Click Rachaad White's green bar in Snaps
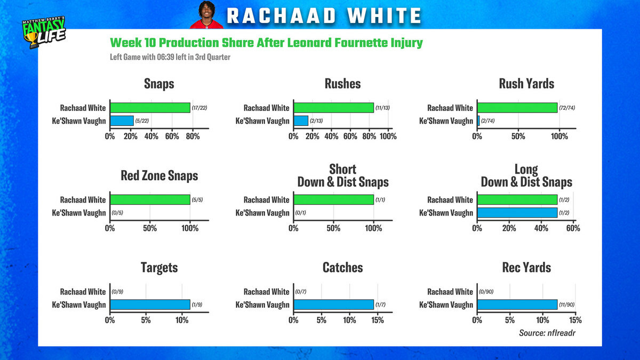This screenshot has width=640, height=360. click(150, 108)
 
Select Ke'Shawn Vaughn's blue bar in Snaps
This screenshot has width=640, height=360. click(122, 121)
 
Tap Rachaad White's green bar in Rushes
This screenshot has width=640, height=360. click(333, 108)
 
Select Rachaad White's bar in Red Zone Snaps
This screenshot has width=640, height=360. click(150, 199)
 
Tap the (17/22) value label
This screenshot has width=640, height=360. click(199, 108)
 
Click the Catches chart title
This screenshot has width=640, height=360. click(343, 268)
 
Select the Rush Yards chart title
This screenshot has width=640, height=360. click(526, 84)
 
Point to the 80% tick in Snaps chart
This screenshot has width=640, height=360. click(193, 137)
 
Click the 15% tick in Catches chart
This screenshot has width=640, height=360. click(377, 321)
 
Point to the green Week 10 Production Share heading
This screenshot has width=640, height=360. click(266, 43)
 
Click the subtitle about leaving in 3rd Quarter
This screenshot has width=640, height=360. click(170, 57)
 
